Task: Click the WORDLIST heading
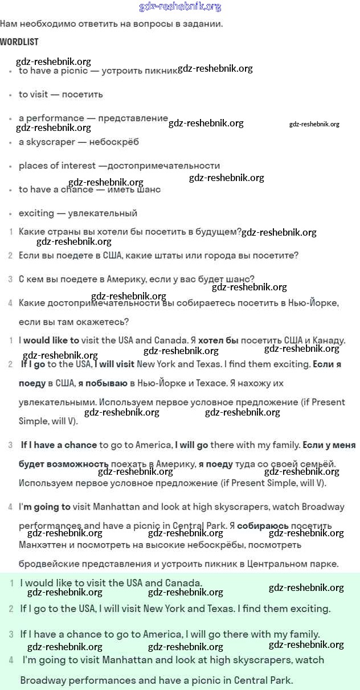pos(19,42)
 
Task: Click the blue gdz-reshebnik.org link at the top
pos(180,7)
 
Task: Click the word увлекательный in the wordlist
pos(103,213)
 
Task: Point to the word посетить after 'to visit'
pos(83,95)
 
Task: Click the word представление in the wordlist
pos(133,118)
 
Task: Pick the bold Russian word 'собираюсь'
pos(263,525)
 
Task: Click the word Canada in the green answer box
pos(183,583)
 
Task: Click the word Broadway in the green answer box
pos(42,680)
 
